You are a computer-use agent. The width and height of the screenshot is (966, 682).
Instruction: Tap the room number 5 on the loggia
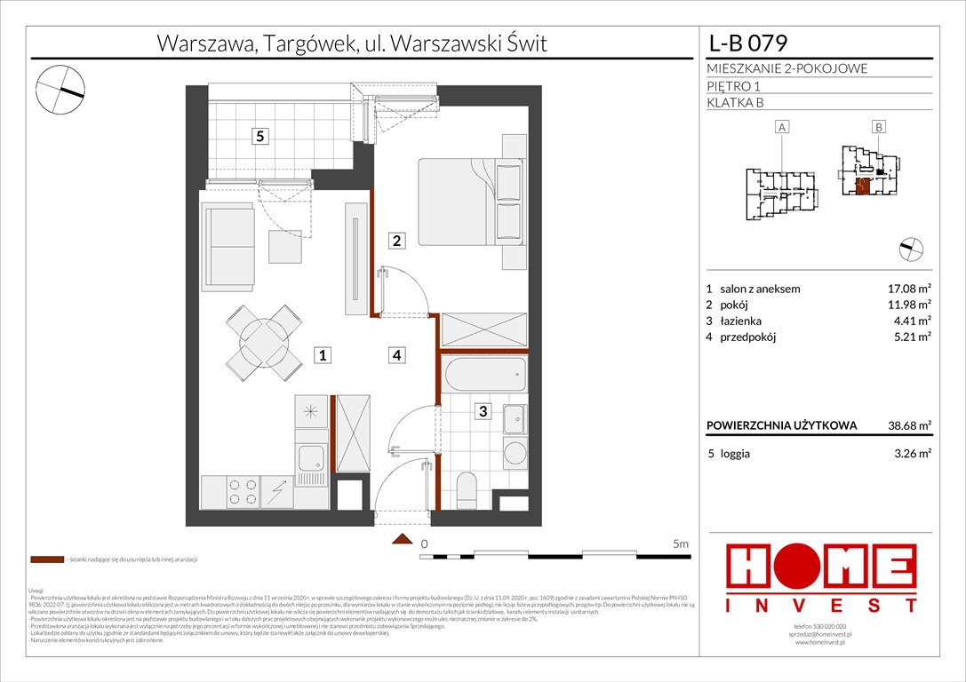point(259,137)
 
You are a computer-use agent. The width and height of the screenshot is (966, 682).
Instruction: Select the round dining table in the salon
point(264,341)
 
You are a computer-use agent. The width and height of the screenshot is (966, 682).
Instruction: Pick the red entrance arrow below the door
point(403,540)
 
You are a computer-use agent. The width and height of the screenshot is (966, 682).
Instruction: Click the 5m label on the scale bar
point(681,543)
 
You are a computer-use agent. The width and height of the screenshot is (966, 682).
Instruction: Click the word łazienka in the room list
point(742,321)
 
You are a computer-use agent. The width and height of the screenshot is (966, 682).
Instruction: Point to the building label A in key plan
point(782,128)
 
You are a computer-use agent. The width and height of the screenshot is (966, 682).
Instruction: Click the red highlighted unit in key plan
point(861,186)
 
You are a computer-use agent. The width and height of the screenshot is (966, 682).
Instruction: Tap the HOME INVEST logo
point(822,578)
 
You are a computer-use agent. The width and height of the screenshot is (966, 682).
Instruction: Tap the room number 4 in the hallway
point(397,355)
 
